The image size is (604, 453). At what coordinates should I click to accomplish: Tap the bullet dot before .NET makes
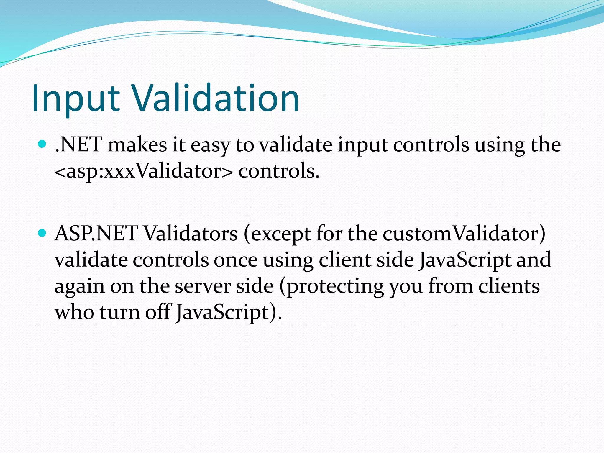tap(42, 144)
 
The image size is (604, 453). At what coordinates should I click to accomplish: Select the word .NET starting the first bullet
tap(78, 145)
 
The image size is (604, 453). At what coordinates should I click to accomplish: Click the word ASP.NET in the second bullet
tap(96, 234)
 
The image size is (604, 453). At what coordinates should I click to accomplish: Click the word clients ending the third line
tap(509, 286)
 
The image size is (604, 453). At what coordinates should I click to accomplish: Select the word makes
tap(137, 145)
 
